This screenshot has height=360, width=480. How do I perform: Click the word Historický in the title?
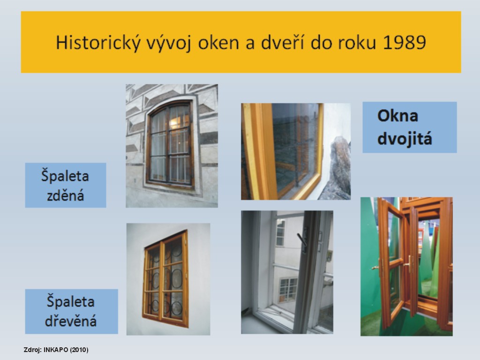click(98, 42)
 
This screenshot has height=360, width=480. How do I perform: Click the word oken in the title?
click(218, 42)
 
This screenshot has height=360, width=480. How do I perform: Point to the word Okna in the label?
click(397, 116)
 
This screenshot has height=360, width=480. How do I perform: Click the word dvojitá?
click(405, 138)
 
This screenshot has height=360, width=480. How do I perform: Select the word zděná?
click(66, 195)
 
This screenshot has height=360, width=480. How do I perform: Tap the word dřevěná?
click(71, 321)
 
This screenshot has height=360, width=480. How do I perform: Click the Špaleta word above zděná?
click(65, 176)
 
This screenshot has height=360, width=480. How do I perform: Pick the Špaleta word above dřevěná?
click(70, 301)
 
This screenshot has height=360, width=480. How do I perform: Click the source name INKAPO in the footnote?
click(56, 350)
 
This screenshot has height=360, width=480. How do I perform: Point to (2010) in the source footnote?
click(79, 350)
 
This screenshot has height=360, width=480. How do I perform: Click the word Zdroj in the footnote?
click(32, 350)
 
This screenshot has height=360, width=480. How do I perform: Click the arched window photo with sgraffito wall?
click(172, 146)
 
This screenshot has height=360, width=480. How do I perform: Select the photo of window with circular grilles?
click(168, 279)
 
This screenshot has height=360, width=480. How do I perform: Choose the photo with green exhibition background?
click(406, 266)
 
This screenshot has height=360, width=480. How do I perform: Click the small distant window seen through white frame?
click(288, 289)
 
